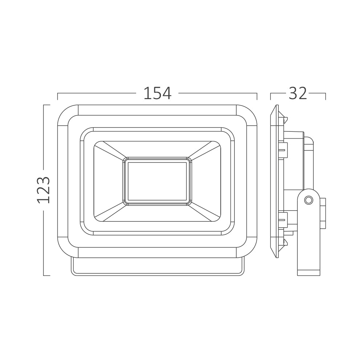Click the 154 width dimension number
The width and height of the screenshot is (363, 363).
coord(157,94)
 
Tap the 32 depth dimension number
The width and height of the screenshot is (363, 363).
coord(298,94)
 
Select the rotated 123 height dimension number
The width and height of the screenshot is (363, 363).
coord(44,190)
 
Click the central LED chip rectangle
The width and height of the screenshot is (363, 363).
coord(157,181)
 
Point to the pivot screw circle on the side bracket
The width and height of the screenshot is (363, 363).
coord(309,200)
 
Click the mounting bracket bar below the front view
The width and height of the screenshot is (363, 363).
coord(157,267)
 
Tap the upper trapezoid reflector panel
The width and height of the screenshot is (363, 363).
coord(157,149)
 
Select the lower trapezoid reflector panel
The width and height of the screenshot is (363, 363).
coord(157,213)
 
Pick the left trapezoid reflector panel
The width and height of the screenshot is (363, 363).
coord(108,181)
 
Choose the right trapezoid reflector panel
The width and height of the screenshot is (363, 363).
coord(206,181)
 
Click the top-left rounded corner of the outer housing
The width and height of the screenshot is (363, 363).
coord(65,113)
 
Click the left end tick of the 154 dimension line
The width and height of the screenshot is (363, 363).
coord(58,96)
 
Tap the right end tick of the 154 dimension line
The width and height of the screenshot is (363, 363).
coord(257,96)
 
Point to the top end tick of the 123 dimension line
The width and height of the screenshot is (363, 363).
coord(46,105)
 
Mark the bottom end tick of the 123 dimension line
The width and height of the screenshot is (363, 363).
coord(46,276)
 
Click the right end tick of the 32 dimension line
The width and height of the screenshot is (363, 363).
coord(325,96)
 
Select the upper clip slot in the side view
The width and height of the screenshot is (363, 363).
coord(282,151)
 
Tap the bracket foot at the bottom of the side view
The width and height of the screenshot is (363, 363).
coord(309,272)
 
